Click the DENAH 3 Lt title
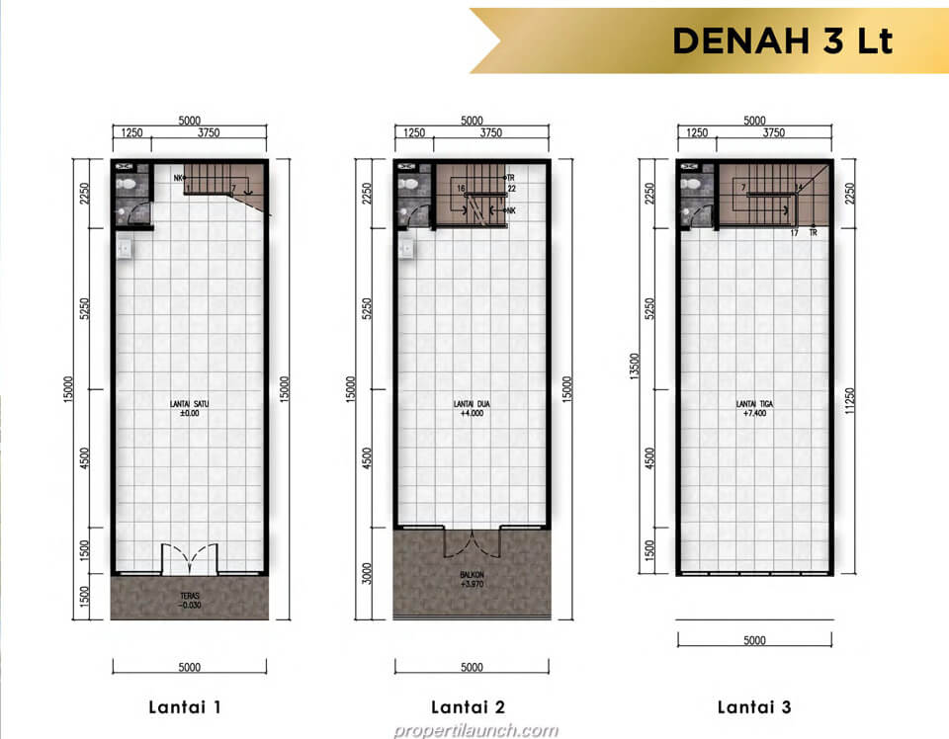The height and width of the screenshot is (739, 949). (782, 41)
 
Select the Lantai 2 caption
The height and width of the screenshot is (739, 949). (471, 706)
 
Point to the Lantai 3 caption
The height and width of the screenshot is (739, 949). (754, 706)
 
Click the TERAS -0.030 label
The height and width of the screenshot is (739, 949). (190, 601)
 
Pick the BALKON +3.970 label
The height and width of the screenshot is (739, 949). (471, 578)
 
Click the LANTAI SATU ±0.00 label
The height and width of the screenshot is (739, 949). (189, 408)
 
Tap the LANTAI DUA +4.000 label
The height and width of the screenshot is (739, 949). (471, 408)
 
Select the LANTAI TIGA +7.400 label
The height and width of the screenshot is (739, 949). (754, 408)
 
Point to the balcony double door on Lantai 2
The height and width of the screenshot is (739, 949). (472, 542)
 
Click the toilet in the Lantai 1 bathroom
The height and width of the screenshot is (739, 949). (125, 184)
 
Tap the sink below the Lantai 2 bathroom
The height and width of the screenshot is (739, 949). (405, 248)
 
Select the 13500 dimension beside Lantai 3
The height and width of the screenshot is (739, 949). (632, 366)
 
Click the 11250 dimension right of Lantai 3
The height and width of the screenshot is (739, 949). (848, 400)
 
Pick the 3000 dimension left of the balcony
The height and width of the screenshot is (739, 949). (368, 573)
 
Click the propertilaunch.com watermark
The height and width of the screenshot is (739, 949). (474, 730)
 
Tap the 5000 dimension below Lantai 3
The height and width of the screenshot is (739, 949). (754, 640)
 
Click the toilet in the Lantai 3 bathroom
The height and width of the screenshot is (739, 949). (690, 184)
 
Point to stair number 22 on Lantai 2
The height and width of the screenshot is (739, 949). (512, 188)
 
